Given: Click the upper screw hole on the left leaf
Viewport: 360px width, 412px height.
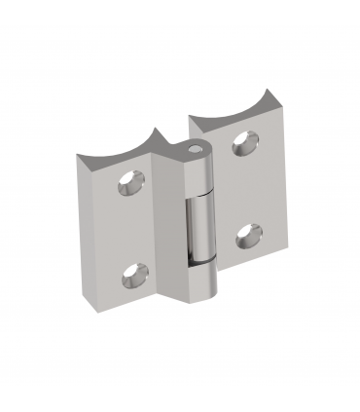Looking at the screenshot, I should [128, 185].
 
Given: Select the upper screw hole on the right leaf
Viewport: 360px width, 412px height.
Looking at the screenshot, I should [242, 144].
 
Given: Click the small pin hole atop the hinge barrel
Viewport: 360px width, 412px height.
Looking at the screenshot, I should [198, 152].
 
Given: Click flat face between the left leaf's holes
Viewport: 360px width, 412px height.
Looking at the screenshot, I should [131, 232].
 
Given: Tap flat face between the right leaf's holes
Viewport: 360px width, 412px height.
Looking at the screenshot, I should [245, 189].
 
